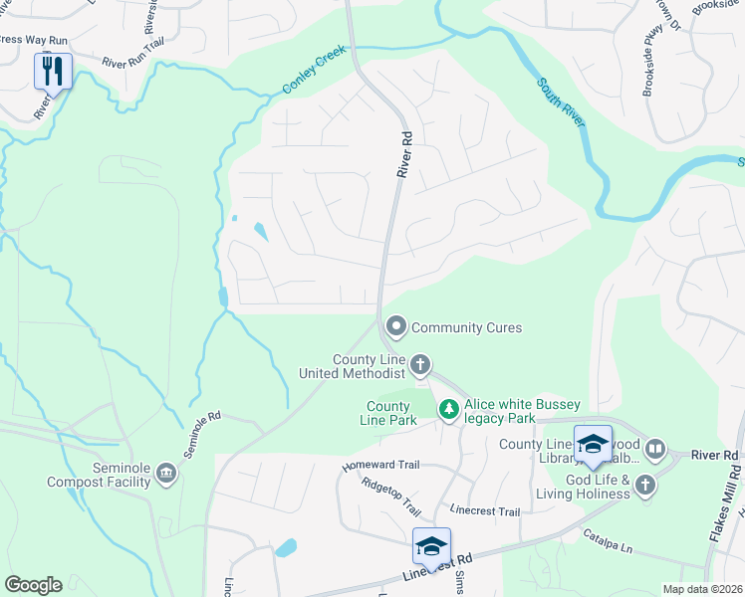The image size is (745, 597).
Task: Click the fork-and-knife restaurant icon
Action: coord(53,71)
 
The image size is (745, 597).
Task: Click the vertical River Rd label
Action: coord(403,155)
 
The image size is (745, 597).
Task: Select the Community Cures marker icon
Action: coord(396,326)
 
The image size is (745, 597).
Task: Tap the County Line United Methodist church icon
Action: coord(420,365)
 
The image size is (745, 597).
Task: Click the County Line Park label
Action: coord(389,413)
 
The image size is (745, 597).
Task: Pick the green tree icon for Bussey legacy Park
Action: coord(449,409)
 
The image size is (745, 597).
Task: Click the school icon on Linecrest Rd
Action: coord(431,546)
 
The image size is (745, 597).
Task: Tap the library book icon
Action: coord(655,449)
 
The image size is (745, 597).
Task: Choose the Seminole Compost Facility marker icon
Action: coord(165,475)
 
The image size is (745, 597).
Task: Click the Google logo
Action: coord(33,585)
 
